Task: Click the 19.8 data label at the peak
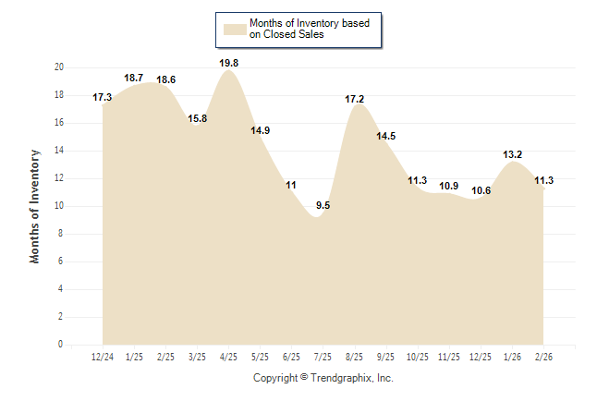coord(229,63)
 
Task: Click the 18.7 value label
coord(134,78)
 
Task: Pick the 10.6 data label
coord(481,190)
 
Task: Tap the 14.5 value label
coord(386,136)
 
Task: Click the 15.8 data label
coord(198,118)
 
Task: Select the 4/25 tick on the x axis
coord(229,357)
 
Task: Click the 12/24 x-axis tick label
coord(103,357)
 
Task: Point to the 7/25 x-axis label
coord(323,357)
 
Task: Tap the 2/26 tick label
coord(543,357)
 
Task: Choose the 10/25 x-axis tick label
coord(418,357)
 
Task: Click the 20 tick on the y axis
coord(59,67)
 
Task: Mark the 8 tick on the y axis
coord(61,234)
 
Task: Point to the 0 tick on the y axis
coord(61,345)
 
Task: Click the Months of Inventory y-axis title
coord(35,206)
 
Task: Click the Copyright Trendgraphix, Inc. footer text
coord(323,378)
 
